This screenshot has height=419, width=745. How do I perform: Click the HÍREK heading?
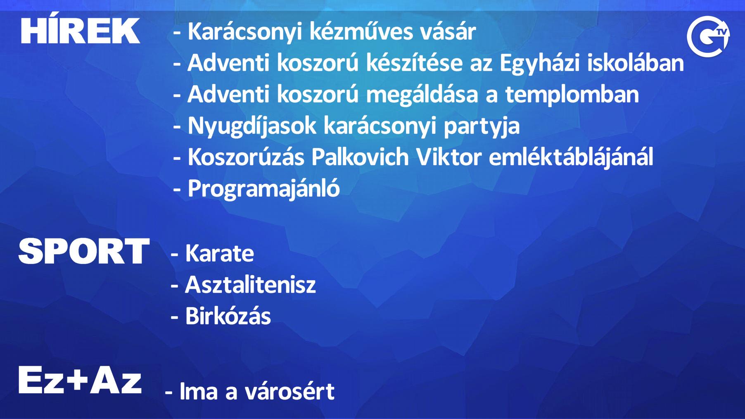pyautogui.click(x=81, y=30)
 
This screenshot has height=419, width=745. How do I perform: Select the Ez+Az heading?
pyautogui.click(x=80, y=380)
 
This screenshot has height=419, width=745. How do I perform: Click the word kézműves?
pyautogui.click(x=361, y=31)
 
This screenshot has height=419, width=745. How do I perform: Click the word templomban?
pyautogui.click(x=572, y=95)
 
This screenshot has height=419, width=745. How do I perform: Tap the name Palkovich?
pyautogui.click(x=360, y=157)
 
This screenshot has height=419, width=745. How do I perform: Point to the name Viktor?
pyautogui.click(x=449, y=157)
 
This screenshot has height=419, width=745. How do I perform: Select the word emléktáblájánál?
pyautogui.click(x=571, y=158)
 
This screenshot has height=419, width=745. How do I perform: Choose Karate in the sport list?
pyautogui.click(x=219, y=253)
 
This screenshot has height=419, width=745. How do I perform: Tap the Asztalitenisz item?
pyautogui.click(x=250, y=285)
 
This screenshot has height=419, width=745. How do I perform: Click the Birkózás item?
pyautogui.click(x=228, y=316)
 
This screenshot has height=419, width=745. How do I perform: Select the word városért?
pyautogui.click(x=289, y=391)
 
